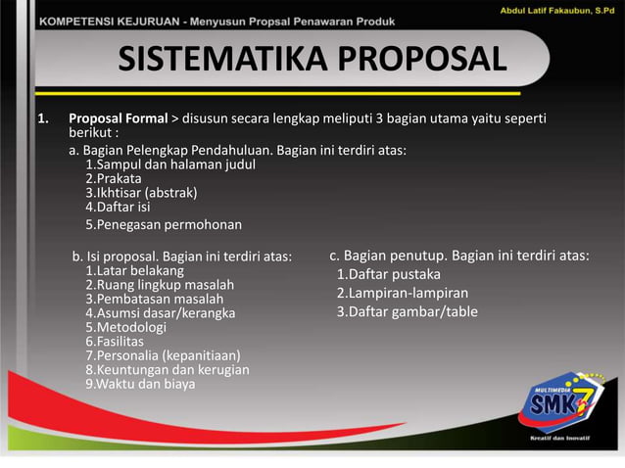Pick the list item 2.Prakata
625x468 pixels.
tap(113, 178)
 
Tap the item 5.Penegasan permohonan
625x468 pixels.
tap(163, 224)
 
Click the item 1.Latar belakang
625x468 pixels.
tap(134, 270)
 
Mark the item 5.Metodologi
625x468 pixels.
tap(125, 327)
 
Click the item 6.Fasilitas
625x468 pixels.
tap(115, 342)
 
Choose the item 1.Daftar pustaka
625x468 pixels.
tap(388, 274)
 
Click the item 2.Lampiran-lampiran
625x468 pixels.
tap(402, 293)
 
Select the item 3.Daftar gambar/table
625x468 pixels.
tap(407, 312)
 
